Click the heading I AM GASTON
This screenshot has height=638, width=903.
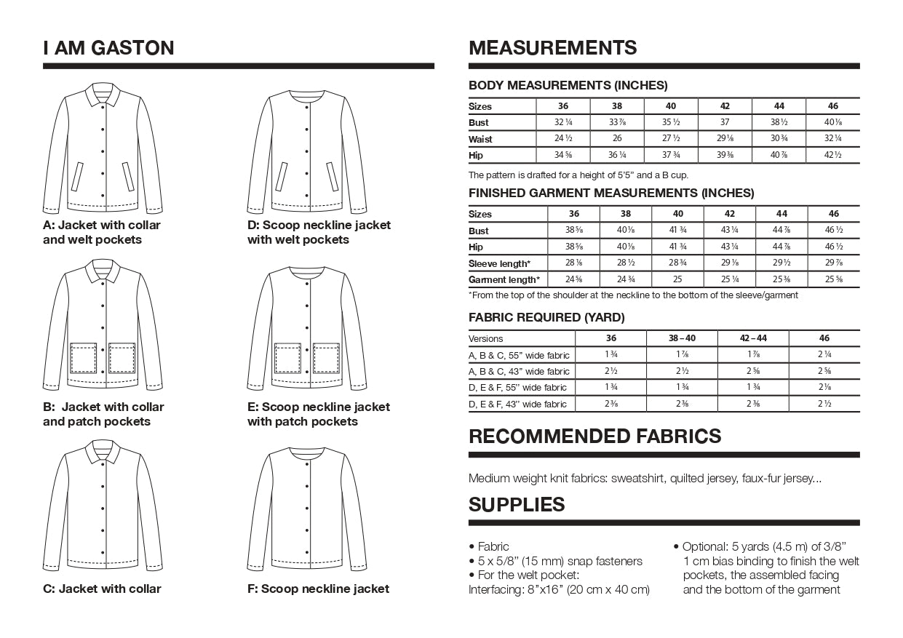[x=108, y=48]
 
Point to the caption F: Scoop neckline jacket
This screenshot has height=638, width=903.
[x=318, y=589]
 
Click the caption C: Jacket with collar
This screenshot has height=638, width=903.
[x=102, y=589]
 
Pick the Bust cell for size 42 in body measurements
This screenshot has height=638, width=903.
[x=725, y=122]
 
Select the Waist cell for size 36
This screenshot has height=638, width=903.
[x=562, y=138]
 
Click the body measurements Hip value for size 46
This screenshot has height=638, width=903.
[x=833, y=155]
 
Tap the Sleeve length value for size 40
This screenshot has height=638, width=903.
[x=677, y=263]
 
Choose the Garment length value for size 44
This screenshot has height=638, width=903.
[x=781, y=279]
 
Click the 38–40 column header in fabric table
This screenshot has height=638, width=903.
[x=682, y=338]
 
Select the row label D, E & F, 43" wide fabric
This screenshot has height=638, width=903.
[x=518, y=404]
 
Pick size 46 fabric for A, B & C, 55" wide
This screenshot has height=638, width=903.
[x=824, y=355]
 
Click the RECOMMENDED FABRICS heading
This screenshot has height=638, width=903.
[x=594, y=436]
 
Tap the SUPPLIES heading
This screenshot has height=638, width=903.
[x=517, y=504]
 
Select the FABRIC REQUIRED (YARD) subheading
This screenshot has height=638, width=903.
[x=546, y=317]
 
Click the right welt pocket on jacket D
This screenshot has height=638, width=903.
[x=332, y=177]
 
